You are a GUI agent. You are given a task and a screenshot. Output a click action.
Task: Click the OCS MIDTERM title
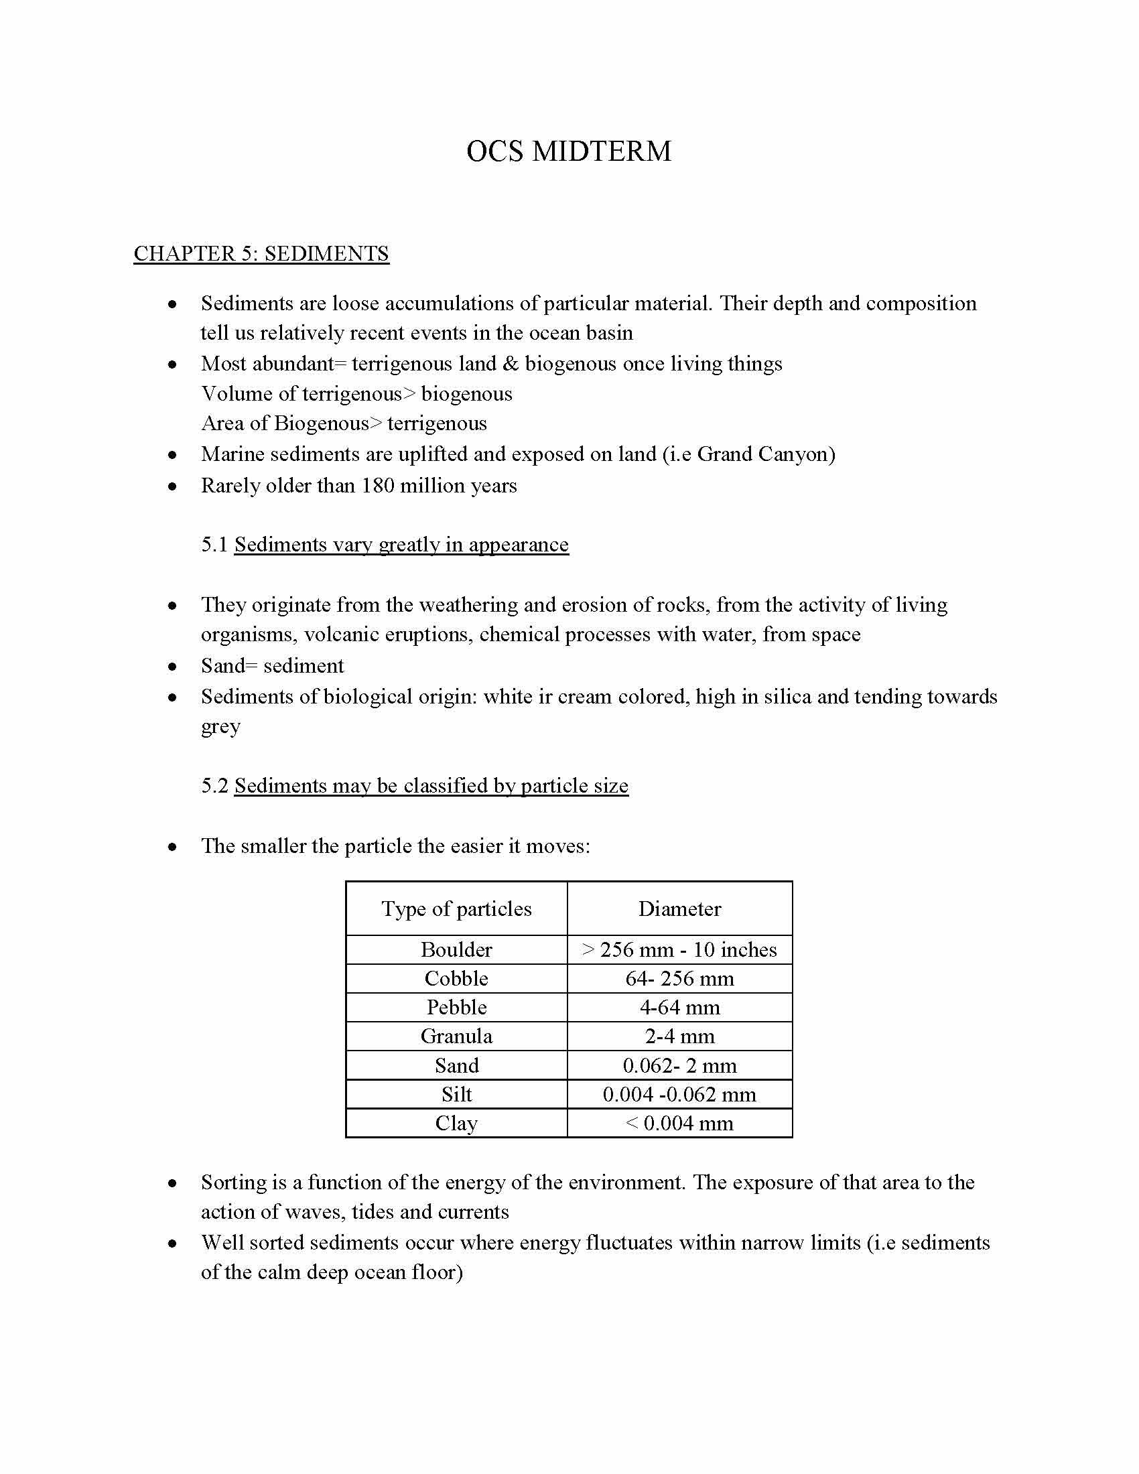click(569, 151)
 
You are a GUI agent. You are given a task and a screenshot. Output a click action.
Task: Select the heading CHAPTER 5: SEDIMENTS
click(261, 254)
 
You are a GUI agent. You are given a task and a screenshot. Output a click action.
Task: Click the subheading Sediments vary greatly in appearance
click(401, 545)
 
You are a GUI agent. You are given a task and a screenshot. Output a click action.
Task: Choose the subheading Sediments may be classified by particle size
click(431, 786)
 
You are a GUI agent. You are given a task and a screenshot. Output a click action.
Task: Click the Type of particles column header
click(456, 909)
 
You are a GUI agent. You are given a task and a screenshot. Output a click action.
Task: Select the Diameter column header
click(679, 909)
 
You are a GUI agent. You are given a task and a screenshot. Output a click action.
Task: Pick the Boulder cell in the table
click(456, 950)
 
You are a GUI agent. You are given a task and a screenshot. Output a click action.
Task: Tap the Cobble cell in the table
click(456, 979)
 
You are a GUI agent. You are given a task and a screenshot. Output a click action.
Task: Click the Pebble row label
click(456, 1008)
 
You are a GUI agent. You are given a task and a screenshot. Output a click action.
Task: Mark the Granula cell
click(456, 1036)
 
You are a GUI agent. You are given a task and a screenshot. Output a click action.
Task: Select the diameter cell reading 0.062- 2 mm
click(679, 1066)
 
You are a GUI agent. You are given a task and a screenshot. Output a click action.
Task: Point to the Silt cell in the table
click(456, 1094)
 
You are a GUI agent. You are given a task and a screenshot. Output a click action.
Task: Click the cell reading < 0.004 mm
click(679, 1123)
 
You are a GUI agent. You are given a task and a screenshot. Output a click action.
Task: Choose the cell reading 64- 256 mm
click(679, 979)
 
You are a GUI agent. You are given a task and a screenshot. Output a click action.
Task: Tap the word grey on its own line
click(220, 728)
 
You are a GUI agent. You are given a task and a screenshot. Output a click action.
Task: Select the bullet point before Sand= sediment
click(173, 667)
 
